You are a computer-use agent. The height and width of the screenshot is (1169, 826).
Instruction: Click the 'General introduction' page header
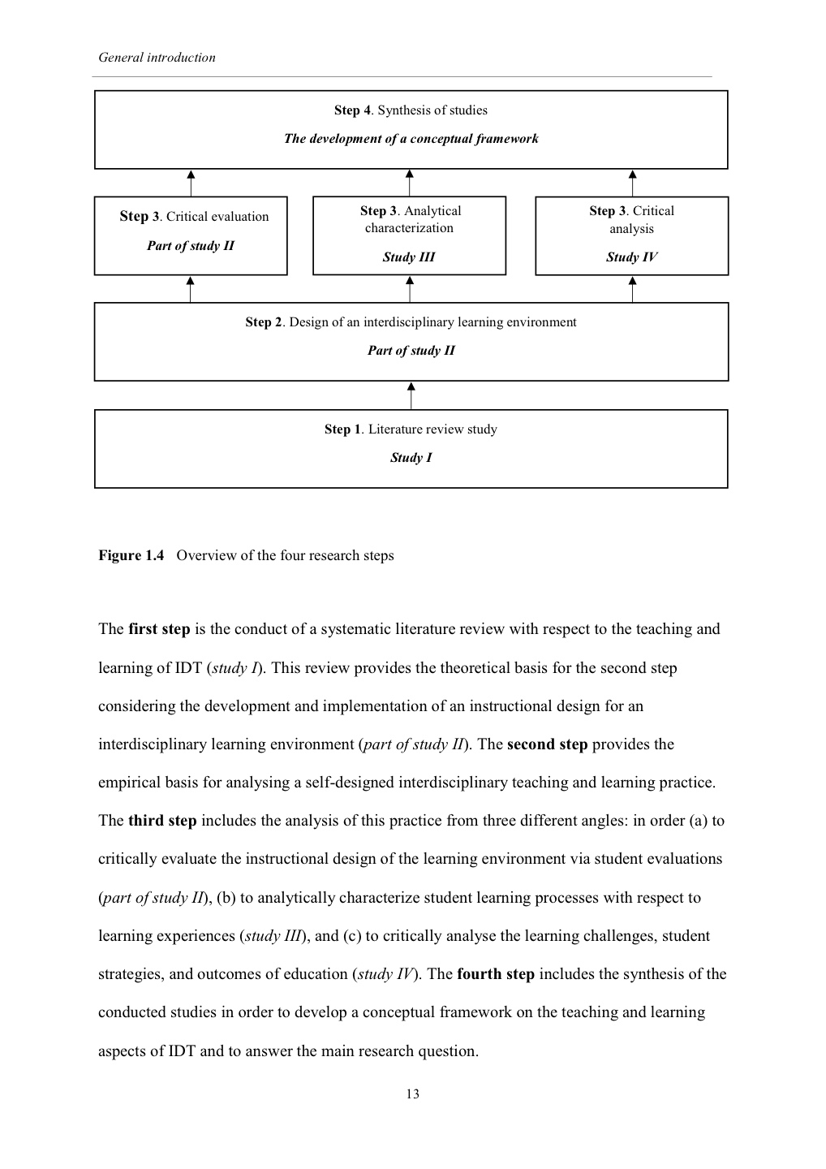point(157,58)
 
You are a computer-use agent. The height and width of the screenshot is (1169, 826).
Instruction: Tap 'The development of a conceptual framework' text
point(411,139)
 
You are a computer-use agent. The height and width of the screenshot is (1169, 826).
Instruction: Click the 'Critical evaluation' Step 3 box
point(191,235)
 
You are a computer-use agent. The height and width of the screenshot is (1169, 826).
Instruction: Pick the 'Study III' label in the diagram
point(409,257)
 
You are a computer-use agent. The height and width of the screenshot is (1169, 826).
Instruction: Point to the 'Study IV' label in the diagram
point(631,257)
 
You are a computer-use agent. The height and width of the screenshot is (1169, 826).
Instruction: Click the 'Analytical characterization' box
point(409,235)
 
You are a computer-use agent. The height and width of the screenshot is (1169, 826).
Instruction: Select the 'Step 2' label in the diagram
point(264,322)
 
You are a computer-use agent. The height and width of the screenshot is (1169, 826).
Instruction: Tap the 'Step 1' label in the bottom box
point(342,429)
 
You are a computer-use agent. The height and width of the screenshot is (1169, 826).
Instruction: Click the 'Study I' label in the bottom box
point(411,458)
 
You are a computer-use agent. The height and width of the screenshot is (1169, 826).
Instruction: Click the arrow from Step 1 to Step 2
point(411,395)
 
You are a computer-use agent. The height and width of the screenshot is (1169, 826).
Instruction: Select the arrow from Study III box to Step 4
point(410,183)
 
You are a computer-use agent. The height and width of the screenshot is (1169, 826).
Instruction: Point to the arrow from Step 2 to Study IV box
point(633,289)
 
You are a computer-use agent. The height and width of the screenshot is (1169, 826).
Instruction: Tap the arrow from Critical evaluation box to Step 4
point(191,183)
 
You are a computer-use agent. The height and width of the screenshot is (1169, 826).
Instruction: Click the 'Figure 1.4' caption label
point(131,556)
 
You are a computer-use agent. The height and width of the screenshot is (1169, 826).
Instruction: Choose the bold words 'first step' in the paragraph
point(159,629)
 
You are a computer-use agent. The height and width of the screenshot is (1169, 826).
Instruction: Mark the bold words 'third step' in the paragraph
point(162,821)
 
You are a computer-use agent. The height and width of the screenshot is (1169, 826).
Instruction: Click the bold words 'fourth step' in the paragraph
point(496,974)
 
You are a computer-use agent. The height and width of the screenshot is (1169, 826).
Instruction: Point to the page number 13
point(412,1094)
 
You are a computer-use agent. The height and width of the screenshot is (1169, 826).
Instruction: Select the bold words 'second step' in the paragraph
point(547,744)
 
